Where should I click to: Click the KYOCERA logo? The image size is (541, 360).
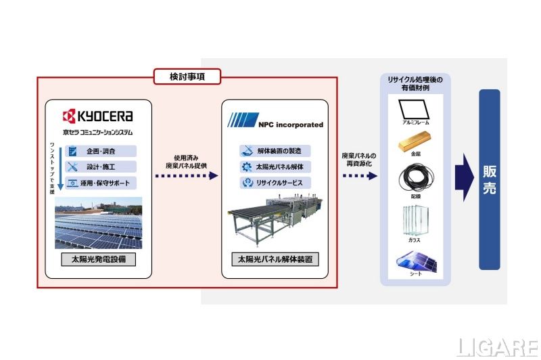point(98,116)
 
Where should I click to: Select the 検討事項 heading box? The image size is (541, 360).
point(187,77)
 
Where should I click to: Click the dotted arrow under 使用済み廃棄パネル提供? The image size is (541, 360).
point(184,176)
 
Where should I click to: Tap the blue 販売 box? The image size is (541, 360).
point(489,179)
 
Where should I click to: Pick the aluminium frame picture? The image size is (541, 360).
point(415,108)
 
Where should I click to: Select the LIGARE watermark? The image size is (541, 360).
point(496,347)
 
